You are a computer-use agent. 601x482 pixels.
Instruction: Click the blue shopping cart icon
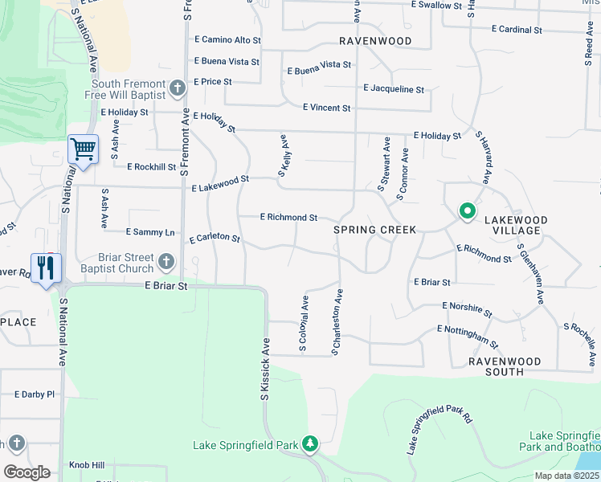point(83,149)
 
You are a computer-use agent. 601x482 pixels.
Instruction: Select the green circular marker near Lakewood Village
point(467,211)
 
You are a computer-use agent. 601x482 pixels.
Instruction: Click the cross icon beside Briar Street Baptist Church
point(166,260)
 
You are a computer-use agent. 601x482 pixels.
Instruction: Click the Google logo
point(27,472)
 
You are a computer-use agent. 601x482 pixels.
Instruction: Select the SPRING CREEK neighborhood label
point(375,230)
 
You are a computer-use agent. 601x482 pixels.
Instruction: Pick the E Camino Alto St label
point(228,39)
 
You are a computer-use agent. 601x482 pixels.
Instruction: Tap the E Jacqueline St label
point(394,89)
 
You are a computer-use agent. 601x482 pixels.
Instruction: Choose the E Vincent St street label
point(326,108)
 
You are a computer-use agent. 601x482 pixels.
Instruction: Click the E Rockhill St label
point(151,167)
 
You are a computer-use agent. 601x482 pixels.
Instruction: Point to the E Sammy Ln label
point(150,232)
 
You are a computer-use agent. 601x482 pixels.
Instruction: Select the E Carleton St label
point(215,239)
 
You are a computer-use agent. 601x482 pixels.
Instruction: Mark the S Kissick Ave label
point(266,370)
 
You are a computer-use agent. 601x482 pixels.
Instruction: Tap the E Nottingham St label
point(468,336)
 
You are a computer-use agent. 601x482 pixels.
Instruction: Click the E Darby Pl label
point(34,394)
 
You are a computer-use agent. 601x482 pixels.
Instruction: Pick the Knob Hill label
point(87,465)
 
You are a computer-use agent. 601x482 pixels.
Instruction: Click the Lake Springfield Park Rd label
point(440,430)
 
